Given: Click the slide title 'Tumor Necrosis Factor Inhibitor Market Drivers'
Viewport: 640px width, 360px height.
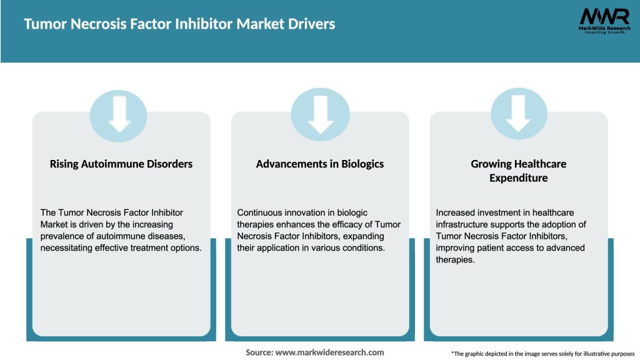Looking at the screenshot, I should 179,24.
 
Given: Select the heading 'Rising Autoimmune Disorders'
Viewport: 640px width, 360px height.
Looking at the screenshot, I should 121,164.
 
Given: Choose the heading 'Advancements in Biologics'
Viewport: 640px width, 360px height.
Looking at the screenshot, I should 320,164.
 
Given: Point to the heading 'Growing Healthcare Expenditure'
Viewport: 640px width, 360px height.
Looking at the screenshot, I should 518,171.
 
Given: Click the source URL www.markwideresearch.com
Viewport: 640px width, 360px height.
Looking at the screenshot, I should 330,352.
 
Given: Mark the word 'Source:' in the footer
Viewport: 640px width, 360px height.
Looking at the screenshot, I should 259,352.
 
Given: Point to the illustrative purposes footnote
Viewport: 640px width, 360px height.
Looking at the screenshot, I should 542,354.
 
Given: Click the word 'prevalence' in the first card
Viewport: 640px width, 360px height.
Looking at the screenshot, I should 61,236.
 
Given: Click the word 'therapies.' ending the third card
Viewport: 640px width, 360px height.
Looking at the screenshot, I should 456,259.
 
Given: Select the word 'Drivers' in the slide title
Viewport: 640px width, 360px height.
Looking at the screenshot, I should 310,24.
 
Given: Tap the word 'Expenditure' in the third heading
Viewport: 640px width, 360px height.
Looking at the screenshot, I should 518,178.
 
